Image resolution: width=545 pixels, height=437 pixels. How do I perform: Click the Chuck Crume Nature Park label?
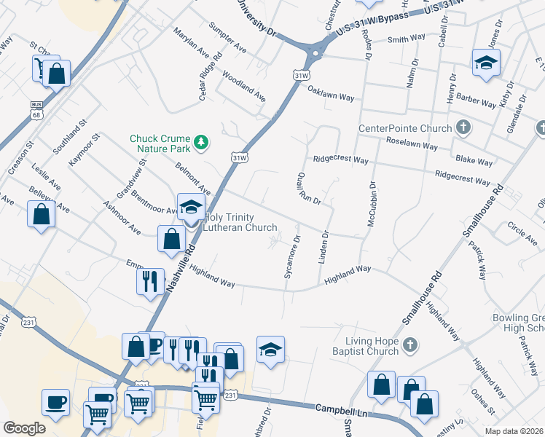coord(160,143)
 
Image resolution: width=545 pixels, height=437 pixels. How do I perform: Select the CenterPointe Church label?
coord(405,129)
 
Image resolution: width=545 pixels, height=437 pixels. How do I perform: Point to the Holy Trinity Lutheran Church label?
coord(240,222)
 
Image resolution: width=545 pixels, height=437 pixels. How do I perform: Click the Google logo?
coord(24,428)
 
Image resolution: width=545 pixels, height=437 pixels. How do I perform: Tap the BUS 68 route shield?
coord(36,110)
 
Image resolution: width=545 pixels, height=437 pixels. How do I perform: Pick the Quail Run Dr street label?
coord(308,189)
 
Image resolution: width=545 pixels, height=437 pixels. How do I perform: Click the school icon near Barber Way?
coord(486,63)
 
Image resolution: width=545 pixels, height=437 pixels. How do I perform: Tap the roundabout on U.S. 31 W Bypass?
coord(315,53)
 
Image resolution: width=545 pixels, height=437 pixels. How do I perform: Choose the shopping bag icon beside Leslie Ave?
coord(42,215)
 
